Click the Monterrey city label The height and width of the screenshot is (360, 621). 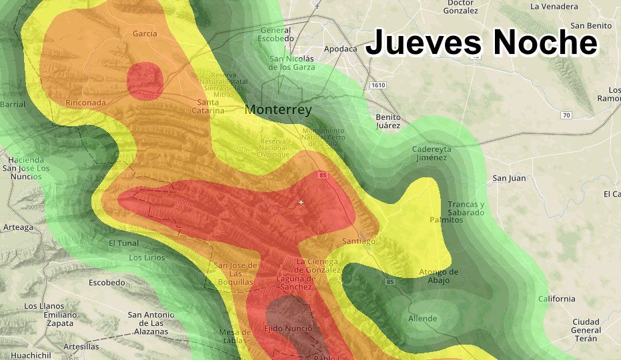click(x=278, y=110)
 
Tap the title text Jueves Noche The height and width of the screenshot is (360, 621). click(x=481, y=42)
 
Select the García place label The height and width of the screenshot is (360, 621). click(x=145, y=33)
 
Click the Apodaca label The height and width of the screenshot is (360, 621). click(x=340, y=49)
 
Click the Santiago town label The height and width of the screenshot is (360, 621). click(x=358, y=241)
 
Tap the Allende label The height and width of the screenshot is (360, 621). click(x=423, y=319)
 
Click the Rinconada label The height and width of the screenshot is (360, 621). click(x=85, y=103)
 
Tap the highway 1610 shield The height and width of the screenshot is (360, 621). click(x=377, y=85)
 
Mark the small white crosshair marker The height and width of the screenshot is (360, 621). click(x=301, y=202)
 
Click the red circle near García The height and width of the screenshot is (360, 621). click(x=145, y=80)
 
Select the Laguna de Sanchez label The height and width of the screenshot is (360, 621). click(x=294, y=282)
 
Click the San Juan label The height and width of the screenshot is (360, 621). click(x=509, y=178)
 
